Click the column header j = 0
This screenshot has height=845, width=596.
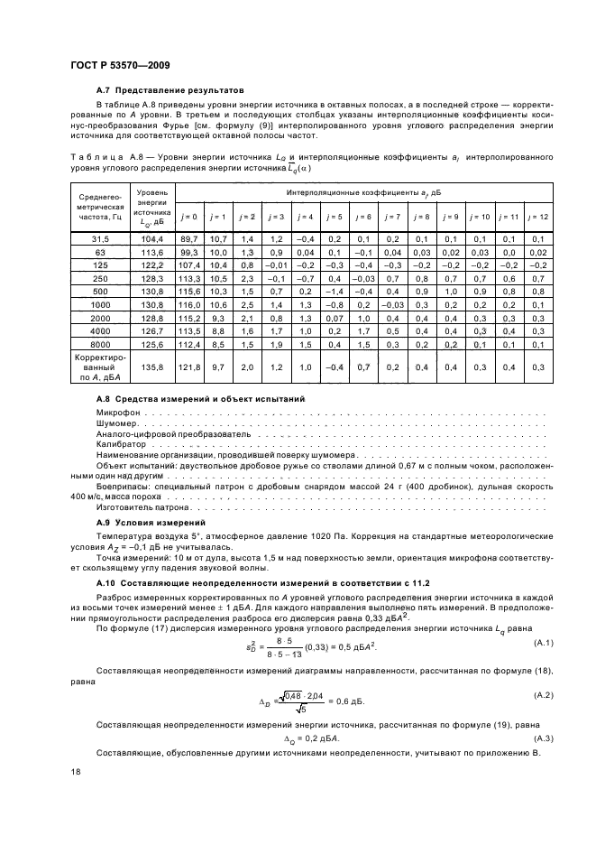188,218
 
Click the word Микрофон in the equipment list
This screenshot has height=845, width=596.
115,413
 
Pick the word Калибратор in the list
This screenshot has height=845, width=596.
120,444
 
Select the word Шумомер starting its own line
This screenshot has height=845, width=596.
115,423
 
